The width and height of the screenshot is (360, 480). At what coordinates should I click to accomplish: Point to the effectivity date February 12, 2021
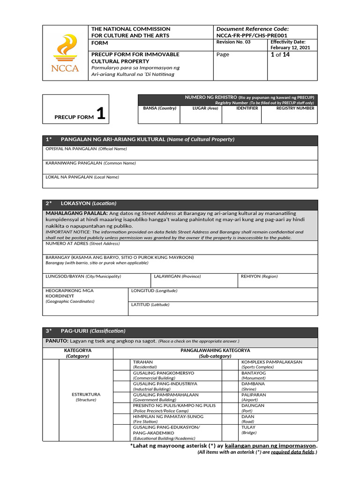287,48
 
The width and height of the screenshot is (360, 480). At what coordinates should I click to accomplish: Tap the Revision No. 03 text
233,42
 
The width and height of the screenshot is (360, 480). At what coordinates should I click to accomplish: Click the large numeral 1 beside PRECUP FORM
101,114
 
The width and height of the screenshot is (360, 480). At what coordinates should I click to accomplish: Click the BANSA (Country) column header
159,108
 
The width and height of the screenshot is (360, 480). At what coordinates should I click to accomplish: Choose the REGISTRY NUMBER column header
295,108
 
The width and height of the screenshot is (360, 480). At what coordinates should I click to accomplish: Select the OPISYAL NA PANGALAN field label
86,149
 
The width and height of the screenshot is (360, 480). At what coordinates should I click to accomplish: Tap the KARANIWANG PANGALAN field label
90,163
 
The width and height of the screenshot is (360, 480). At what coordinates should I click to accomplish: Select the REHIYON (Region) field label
259,277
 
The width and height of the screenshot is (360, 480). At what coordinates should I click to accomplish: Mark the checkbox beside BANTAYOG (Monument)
231,375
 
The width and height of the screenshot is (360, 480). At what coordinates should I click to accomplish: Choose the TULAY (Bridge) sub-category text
248,430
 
